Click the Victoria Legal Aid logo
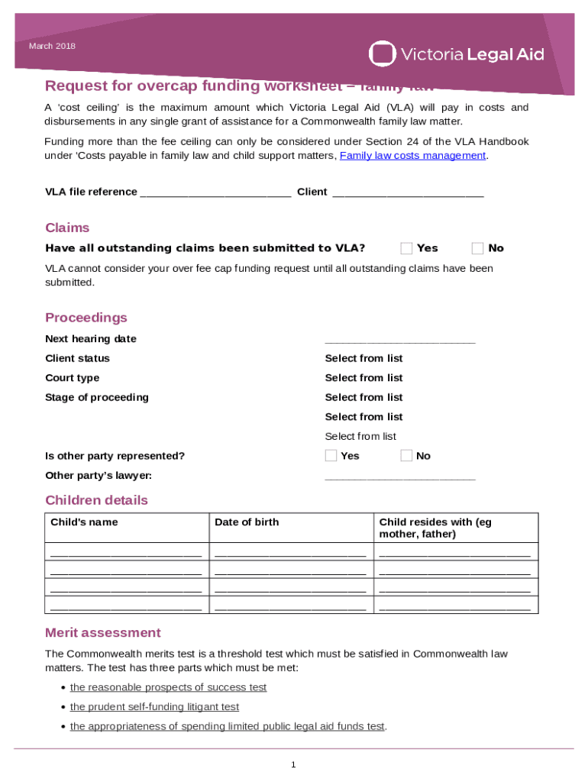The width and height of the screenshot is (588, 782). (456, 54)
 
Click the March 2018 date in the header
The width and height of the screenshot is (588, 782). (52, 47)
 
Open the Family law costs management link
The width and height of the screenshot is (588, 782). (412, 156)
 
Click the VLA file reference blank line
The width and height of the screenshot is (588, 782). (215, 192)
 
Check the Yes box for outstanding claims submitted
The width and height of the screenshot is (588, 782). (406, 248)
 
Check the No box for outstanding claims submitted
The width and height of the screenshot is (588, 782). (477, 248)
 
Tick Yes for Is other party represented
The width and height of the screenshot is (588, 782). (331, 456)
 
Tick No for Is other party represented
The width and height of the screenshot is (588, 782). (406, 456)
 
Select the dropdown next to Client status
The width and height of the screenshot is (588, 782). (363, 359)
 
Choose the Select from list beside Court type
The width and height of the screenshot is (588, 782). (363, 378)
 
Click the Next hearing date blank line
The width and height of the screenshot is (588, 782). (399, 340)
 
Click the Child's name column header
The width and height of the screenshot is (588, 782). (84, 522)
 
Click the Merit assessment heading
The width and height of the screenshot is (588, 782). (103, 633)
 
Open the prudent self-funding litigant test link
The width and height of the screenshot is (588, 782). (154, 707)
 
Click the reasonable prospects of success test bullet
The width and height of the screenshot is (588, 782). (168, 687)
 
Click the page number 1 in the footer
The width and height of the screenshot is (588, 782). (293, 764)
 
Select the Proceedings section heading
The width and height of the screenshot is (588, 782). (86, 318)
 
